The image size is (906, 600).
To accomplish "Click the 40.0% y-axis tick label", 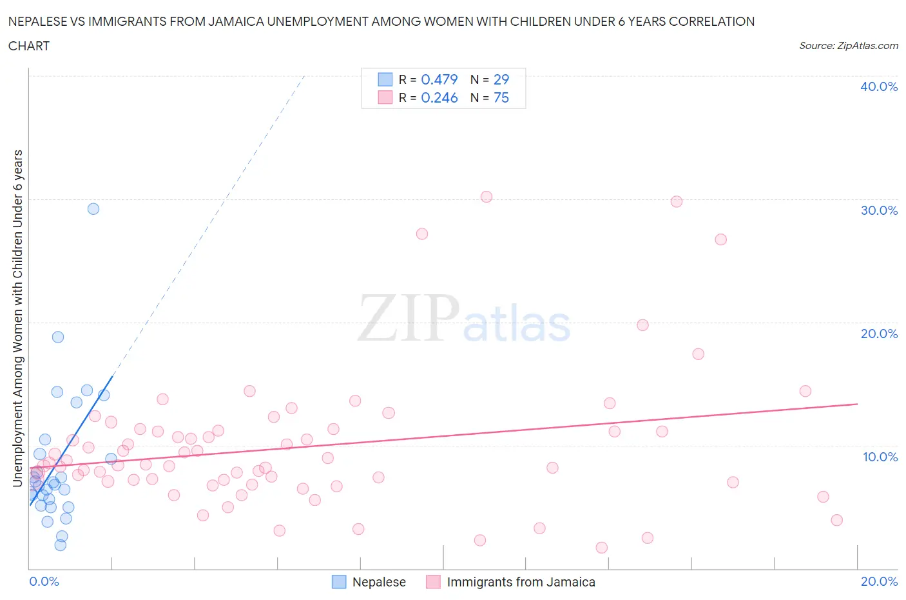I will [x=879, y=86].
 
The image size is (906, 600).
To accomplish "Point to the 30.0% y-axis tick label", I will [x=879, y=210].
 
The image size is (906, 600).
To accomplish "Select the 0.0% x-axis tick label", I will [x=44, y=581].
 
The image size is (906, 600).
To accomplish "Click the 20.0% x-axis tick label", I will [x=879, y=581].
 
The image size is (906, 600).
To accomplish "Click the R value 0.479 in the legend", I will [x=439, y=79].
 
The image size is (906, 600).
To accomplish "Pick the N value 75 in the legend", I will [x=501, y=97].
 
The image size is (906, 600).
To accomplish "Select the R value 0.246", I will [x=439, y=97].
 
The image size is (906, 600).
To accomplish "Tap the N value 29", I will [x=501, y=79].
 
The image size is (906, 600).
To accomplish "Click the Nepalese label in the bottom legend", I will [x=379, y=582].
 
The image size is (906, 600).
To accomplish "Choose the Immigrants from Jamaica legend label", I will [x=521, y=582].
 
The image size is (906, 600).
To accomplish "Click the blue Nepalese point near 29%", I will [x=93, y=208].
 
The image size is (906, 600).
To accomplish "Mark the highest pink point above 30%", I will [x=487, y=197].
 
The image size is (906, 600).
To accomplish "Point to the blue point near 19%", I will [x=58, y=337].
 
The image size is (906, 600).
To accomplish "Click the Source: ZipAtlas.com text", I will [x=848, y=46].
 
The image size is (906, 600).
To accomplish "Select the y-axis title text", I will [x=18, y=318].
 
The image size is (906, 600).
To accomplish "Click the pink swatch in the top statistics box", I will [x=385, y=97].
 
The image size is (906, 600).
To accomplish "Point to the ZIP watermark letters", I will [x=407, y=318].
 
